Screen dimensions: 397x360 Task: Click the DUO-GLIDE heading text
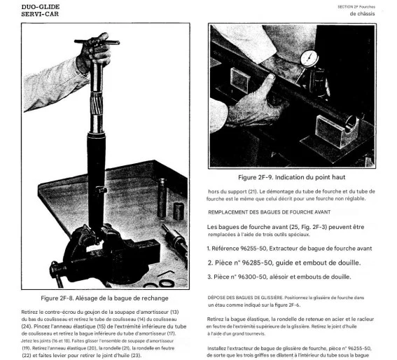click(41, 7)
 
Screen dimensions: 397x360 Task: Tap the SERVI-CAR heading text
click(40, 14)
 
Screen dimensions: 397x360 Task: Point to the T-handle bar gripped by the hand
click(97, 42)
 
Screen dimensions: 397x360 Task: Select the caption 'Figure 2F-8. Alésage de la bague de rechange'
click(104, 298)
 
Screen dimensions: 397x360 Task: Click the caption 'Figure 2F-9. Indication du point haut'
click(292, 177)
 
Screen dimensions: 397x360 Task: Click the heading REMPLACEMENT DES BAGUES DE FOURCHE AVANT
click(270, 212)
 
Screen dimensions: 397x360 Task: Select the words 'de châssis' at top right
click(362, 14)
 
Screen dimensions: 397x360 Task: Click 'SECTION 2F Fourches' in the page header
click(356, 7)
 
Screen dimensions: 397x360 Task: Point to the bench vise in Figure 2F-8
click(106, 255)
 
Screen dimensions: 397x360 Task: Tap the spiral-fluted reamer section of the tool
click(97, 104)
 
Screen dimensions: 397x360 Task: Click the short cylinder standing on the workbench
click(179, 211)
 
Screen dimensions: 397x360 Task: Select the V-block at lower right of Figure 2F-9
click(337, 131)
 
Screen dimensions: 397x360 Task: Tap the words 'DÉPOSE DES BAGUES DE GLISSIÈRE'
click(245, 298)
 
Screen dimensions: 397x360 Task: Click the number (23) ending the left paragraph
click(136, 355)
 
